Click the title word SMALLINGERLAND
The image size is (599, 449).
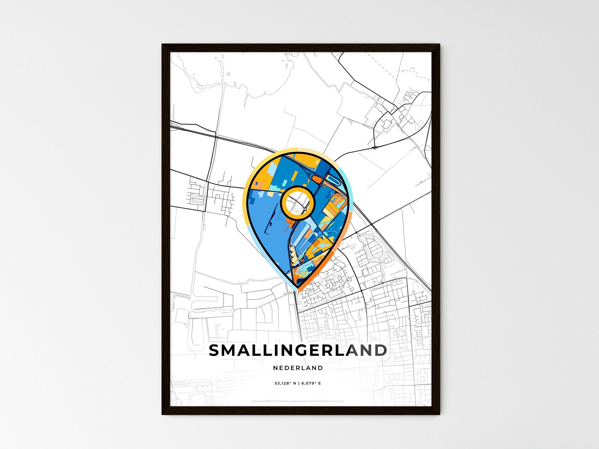click(x=298, y=351)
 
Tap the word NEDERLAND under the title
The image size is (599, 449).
click(x=298, y=368)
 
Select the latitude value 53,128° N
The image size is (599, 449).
click(x=285, y=383)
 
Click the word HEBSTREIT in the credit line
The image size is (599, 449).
click(x=271, y=401)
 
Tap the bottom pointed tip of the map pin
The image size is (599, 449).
click(x=297, y=289)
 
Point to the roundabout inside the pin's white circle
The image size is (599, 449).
click(x=305, y=209)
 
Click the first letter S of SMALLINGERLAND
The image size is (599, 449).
click(x=215, y=351)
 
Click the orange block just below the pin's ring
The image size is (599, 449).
click(x=290, y=220)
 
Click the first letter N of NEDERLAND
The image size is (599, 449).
click(x=275, y=368)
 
